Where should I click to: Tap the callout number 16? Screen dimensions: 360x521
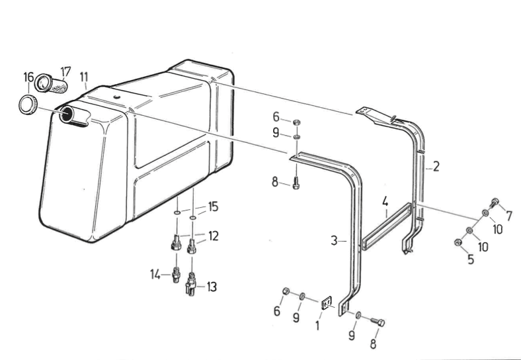click(x=28, y=79)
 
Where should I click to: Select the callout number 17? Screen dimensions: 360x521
click(x=66, y=71)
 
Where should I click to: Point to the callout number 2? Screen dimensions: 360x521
click(x=436, y=165)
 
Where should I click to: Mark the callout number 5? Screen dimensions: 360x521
click(x=471, y=259)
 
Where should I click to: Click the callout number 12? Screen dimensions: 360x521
click(x=214, y=235)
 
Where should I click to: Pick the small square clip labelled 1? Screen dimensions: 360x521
click(x=326, y=304)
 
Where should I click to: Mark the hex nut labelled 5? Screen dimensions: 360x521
click(x=458, y=244)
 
